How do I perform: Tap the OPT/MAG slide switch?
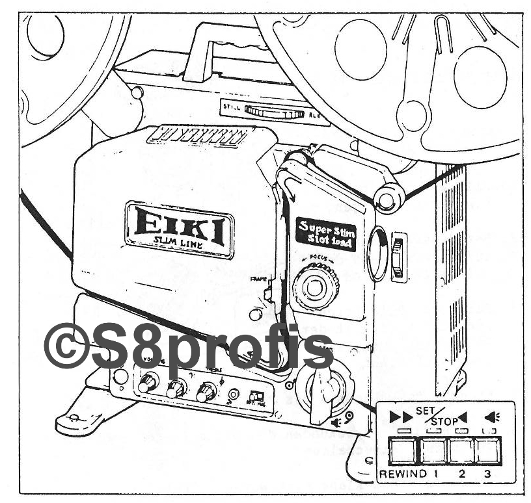pos(257,395)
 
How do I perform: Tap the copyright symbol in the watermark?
pos(64,345)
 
